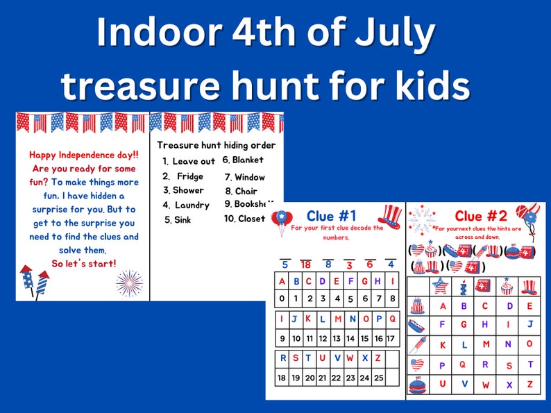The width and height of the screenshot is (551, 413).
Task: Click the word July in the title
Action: [x=393, y=33]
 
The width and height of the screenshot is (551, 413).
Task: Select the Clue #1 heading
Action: [x=331, y=215]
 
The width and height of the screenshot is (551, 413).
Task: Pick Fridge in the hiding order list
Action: [x=189, y=176]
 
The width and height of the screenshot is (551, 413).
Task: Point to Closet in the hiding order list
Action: [x=251, y=219]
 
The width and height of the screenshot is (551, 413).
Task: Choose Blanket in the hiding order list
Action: [x=248, y=160]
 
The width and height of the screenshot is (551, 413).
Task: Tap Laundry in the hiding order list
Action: [x=192, y=205]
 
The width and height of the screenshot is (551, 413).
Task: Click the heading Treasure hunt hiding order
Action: [x=216, y=145]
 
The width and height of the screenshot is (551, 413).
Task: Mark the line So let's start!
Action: [x=85, y=262]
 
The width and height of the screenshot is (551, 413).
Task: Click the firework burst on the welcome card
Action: [x=129, y=283]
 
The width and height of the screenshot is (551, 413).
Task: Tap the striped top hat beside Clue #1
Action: [x=391, y=217]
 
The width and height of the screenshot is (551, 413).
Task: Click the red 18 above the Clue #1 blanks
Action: [x=305, y=264]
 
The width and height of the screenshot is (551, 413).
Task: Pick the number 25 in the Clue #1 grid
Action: [x=378, y=378]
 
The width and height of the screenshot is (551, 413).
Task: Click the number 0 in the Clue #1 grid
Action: [x=282, y=298]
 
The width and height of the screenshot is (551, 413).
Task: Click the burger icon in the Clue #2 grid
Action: [x=418, y=385]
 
